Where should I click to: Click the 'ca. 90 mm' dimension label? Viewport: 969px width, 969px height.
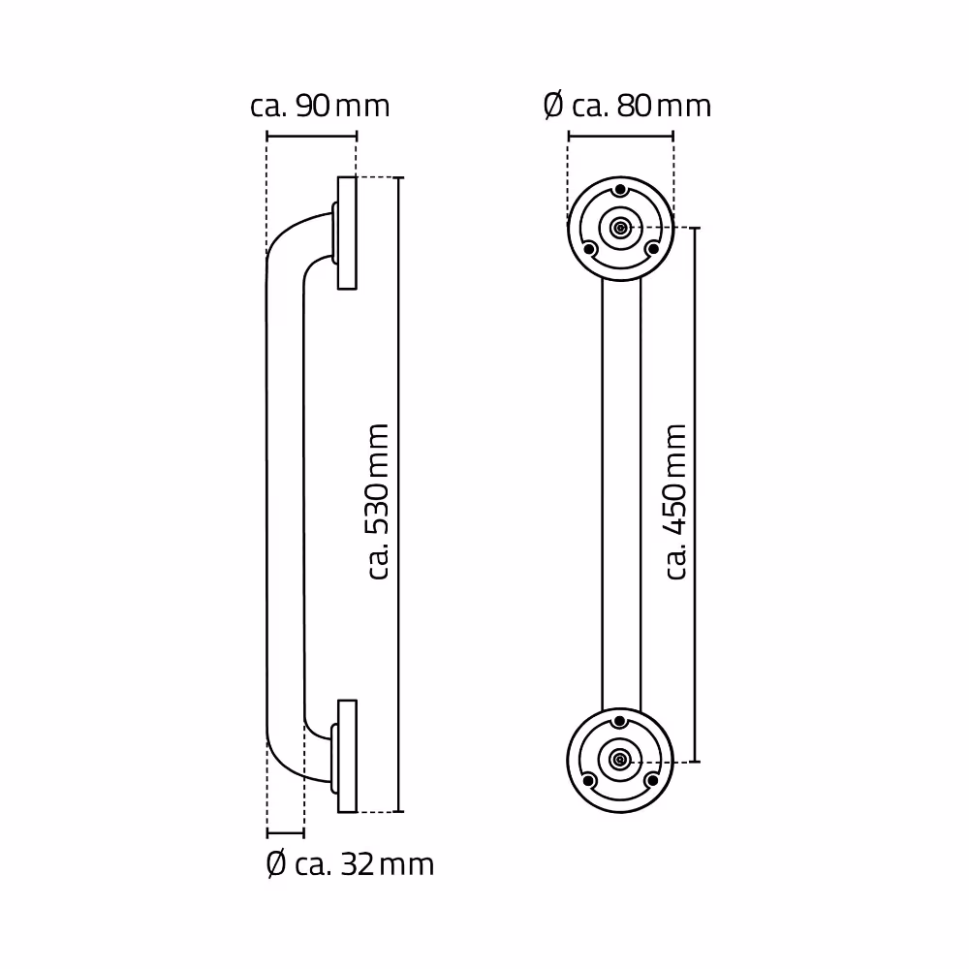[x=320, y=106]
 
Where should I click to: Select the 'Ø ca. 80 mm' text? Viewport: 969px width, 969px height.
[x=628, y=106]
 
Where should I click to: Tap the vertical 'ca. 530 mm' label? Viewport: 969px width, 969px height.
[x=378, y=501]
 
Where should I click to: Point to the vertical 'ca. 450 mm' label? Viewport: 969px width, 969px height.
[x=676, y=501]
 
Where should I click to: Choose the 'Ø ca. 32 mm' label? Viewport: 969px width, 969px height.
[x=350, y=863]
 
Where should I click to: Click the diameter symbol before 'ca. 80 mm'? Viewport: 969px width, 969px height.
[x=553, y=106]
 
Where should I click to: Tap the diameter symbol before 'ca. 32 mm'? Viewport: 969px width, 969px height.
[x=276, y=863]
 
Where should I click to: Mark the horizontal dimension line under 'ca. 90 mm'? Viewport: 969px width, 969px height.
[x=311, y=137]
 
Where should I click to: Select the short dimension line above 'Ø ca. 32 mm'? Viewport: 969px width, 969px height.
[x=285, y=832]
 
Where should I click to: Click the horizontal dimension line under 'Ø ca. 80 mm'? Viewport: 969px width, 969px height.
[x=620, y=137]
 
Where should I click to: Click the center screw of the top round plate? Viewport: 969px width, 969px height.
[x=620, y=229]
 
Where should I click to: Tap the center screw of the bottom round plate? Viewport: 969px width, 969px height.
[x=620, y=760]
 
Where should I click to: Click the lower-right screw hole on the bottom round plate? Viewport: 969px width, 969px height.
[x=652, y=780]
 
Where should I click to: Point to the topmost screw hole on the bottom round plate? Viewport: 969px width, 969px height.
[x=620, y=721]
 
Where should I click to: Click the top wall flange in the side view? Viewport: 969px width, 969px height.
[x=347, y=233]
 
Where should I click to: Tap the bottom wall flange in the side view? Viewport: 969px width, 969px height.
[x=347, y=756]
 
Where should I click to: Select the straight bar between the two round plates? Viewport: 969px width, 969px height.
[x=621, y=494]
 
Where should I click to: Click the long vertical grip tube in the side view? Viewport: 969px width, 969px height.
[x=285, y=494]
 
